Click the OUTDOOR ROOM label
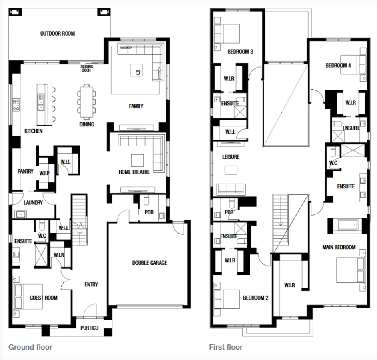58,34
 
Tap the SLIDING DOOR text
86,68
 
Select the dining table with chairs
86,102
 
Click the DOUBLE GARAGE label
150,263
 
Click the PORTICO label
89,328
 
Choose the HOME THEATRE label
134,172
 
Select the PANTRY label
26,172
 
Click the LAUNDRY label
33,203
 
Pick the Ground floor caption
30,347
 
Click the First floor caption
226,347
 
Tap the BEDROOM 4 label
338,66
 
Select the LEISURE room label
231,157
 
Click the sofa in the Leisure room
231,188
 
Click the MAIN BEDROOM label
339,247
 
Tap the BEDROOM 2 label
255,298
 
